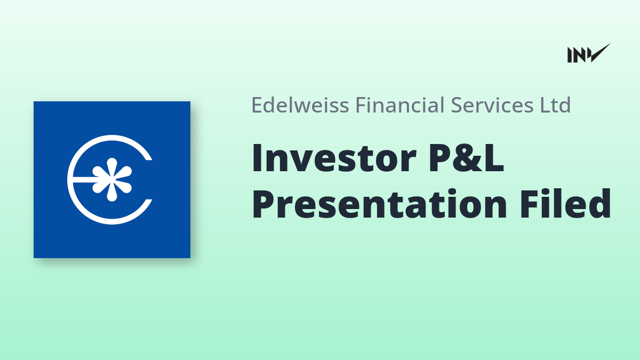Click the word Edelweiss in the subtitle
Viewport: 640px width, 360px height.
click(x=300, y=105)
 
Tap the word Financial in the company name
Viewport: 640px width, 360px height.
click(x=399, y=105)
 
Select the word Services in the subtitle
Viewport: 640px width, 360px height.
click(x=492, y=105)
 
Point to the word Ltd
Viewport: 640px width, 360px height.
click(x=555, y=105)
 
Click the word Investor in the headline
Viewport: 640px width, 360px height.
click(x=334, y=158)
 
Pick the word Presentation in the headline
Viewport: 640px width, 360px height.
click(x=379, y=204)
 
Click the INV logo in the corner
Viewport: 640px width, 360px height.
click(x=589, y=53)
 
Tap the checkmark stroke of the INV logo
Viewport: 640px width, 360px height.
click(x=601, y=53)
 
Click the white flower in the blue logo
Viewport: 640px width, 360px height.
click(x=111, y=179)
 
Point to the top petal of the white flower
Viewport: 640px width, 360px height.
click(x=111, y=166)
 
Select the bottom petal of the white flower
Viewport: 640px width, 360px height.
click(x=111, y=193)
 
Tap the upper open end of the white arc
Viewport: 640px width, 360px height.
click(x=149, y=157)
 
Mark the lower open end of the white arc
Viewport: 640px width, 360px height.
click(x=149, y=202)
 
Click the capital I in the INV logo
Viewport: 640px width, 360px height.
click(x=570, y=55)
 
